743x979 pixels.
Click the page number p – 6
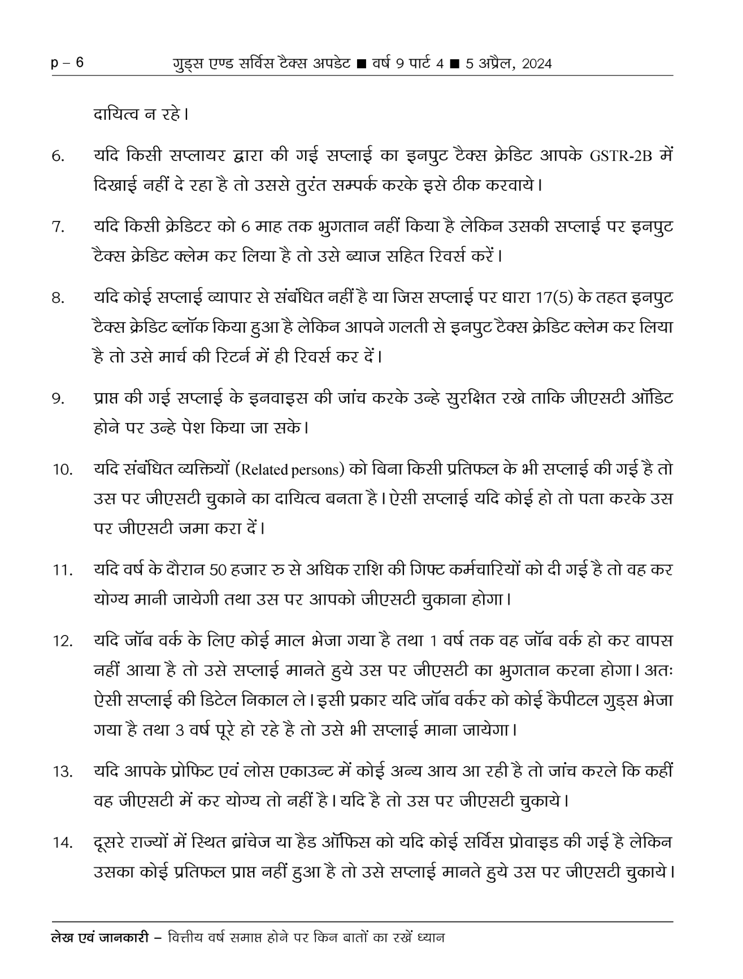coord(67,63)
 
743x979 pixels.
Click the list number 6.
coord(58,156)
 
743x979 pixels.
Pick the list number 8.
coord(58,298)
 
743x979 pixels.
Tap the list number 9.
coord(58,399)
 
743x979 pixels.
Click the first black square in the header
coord(361,64)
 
